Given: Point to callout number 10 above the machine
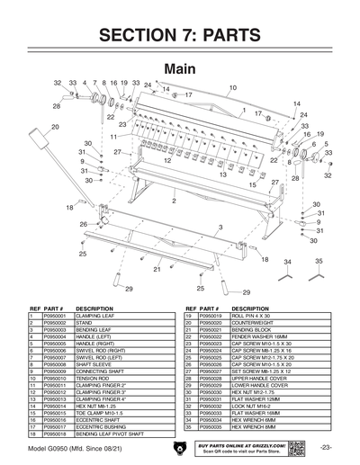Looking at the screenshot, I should (232, 87).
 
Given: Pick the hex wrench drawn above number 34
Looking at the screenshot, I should (287, 275).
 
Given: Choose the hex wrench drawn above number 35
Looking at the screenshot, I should (319, 275).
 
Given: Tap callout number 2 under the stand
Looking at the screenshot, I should (161, 201).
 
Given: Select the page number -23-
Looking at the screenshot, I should (326, 447).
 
